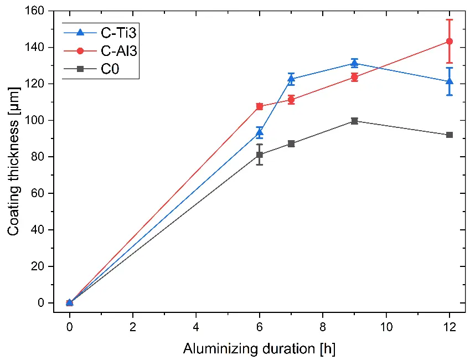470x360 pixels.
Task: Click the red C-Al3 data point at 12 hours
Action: pos(450,42)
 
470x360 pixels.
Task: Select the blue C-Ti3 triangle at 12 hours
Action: pos(450,81)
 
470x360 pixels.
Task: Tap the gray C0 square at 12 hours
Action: pos(450,135)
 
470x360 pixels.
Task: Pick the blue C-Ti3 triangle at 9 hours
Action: pos(354,63)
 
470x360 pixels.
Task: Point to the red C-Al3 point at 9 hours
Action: pos(354,78)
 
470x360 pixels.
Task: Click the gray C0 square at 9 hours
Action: pos(354,121)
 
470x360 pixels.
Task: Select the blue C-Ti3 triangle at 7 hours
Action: pos(291,79)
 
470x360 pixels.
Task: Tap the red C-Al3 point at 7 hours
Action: pos(291,100)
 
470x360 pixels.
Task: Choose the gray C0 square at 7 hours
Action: pos(291,143)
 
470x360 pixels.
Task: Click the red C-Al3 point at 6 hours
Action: pos(260,106)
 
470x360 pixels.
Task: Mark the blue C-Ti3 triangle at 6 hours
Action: pos(260,132)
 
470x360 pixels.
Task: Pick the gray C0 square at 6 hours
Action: pos(260,155)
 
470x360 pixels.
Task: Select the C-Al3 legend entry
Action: pos(100,51)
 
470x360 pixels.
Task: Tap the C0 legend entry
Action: pos(100,69)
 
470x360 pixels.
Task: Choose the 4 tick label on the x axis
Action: pos(196,326)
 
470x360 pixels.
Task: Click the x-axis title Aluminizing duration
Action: pos(259,349)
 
